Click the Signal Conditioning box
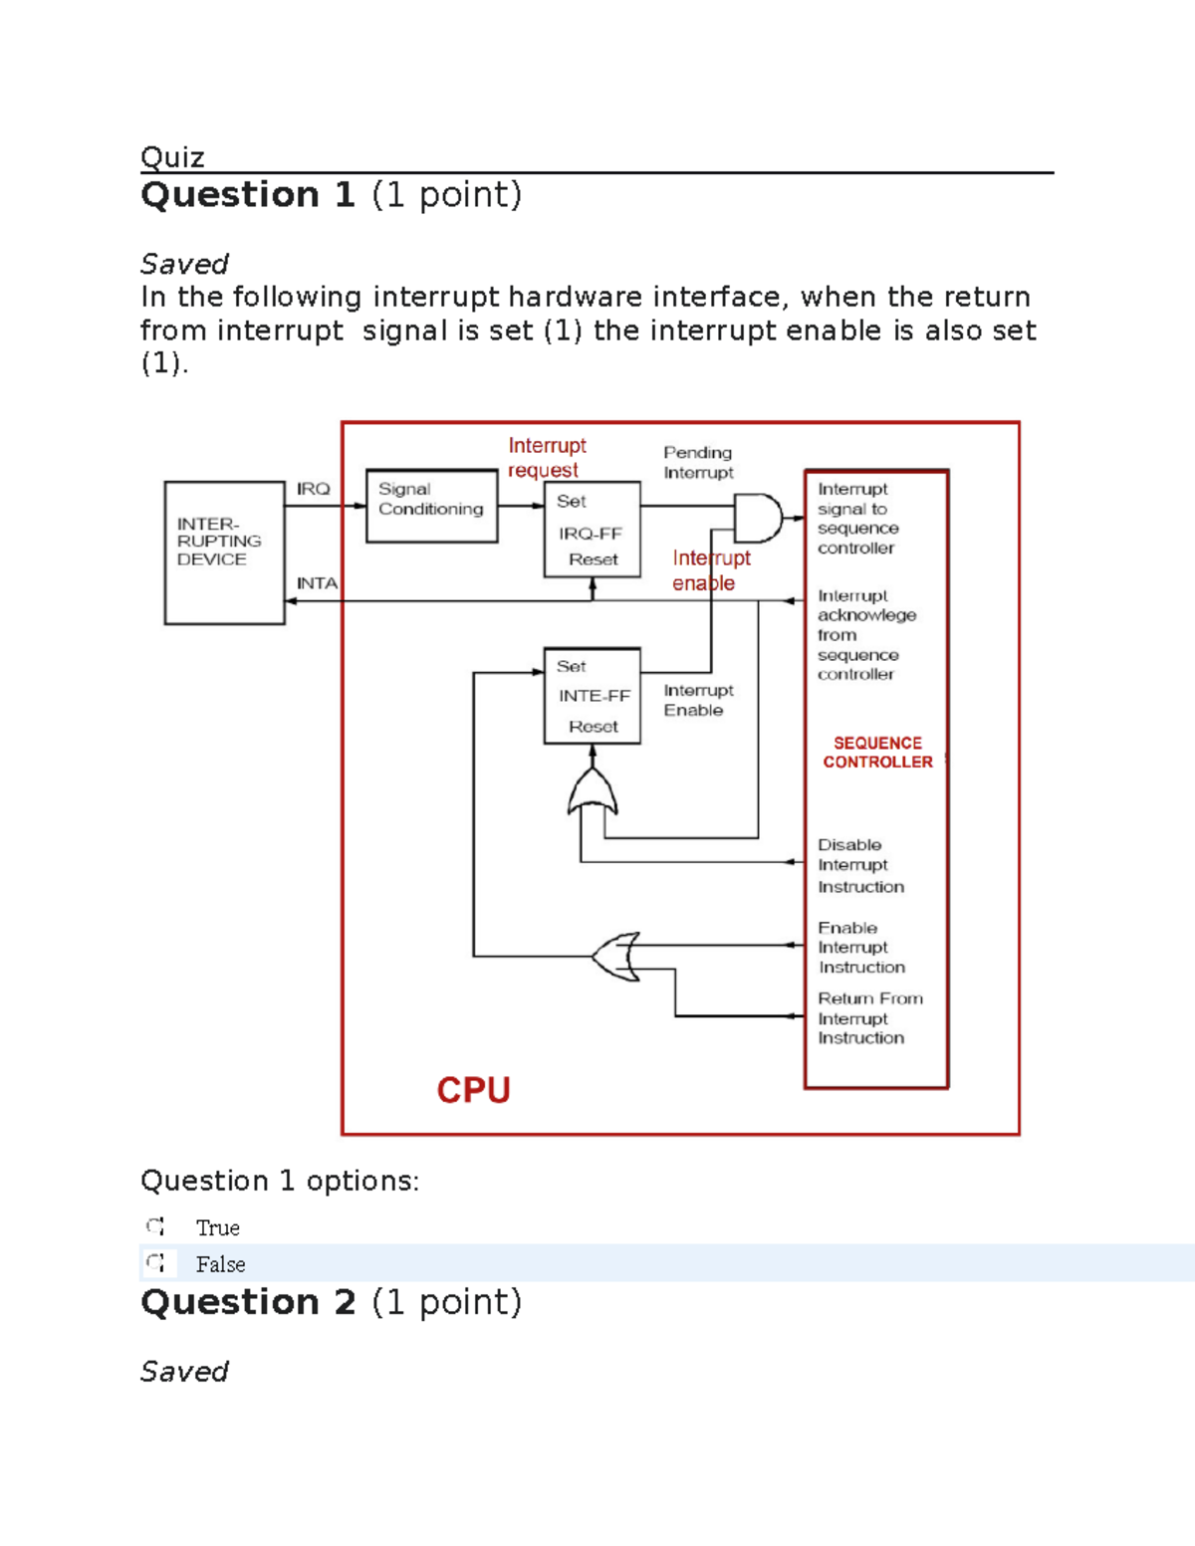431,506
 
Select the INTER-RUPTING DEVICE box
224,552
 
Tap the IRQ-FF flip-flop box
592,530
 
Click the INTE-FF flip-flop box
592,696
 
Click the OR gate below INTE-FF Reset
593,794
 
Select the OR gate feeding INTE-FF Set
616,957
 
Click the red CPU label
473,1090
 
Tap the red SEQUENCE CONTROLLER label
877,753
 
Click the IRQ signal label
313,489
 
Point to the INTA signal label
317,583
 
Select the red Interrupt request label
547,458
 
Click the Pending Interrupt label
698,463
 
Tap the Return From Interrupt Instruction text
869,1017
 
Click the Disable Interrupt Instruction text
860,865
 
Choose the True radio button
155,1226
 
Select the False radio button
155,1263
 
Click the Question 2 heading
331,1302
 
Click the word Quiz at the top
172,157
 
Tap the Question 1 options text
280,1181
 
